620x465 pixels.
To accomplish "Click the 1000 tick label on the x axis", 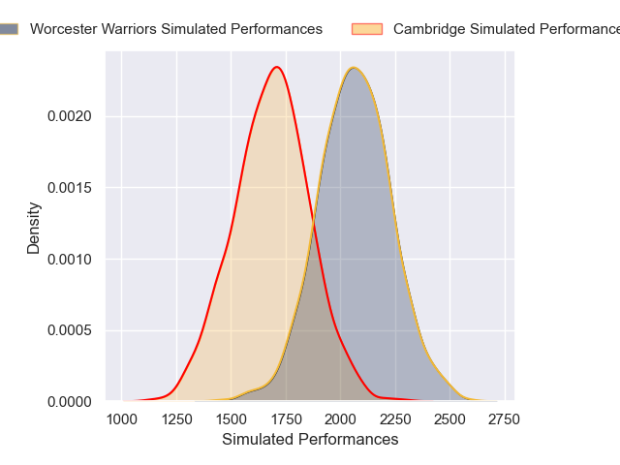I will pyautogui.click(x=121, y=419).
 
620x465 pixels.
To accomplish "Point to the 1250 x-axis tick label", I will pyautogui.click(x=176, y=419).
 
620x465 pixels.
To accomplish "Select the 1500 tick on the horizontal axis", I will pyautogui.click(x=231, y=419).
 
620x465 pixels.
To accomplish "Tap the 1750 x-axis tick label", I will pyautogui.click(x=286, y=419).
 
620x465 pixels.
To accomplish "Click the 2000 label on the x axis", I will pyautogui.click(x=340, y=419).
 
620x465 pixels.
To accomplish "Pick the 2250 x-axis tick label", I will pyautogui.click(x=394, y=419).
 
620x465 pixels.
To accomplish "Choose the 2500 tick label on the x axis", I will pyautogui.click(x=449, y=419).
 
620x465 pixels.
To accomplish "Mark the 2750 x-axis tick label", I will pyautogui.click(x=504, y=419).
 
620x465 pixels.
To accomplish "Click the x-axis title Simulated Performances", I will pyautogui.click(x=310, y=440).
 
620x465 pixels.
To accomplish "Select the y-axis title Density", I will pyautogui.click(x=34, y=228).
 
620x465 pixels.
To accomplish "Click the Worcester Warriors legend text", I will pyautogui.click(x=176, y=29).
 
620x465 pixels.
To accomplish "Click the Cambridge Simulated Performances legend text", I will pyautogui.click(x=504, y=29).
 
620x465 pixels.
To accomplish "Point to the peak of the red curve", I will pyautogui.click(x=277, y=67).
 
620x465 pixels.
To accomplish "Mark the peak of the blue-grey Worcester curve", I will pyautogui.click(x=354, y=68).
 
